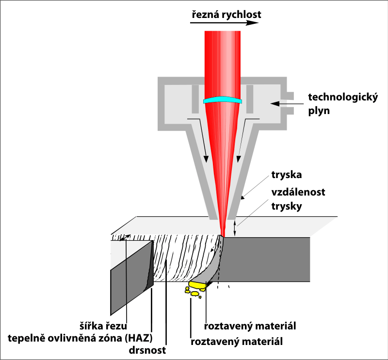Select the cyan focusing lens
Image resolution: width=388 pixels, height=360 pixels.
[x=223, y=100]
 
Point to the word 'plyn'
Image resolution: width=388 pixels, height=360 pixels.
[x=319, y=110]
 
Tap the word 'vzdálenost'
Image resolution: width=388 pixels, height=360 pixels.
[x=298, y=192]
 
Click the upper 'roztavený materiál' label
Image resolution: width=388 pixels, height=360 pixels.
[x=250, y=325]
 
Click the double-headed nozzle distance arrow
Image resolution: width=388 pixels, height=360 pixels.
[x=236, y=228]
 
